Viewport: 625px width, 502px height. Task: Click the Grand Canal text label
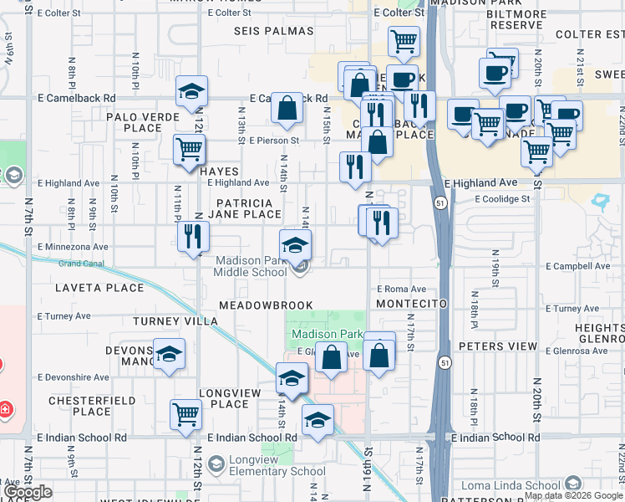81,264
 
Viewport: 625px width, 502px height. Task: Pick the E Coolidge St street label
502,199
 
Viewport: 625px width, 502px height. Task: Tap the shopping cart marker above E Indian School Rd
185,412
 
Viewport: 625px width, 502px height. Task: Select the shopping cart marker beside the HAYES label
190,149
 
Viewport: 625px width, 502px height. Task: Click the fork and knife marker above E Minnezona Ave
193,235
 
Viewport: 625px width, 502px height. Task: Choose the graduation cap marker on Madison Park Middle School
294,245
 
